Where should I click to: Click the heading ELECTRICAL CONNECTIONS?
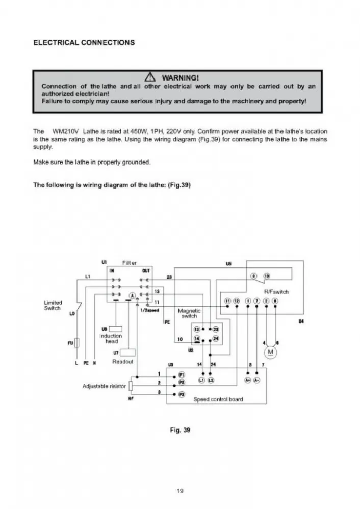point(84,42)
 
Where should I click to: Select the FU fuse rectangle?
point(76,343)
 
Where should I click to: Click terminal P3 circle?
point(182,395)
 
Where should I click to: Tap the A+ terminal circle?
point(248,381)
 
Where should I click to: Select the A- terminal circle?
point(257,381)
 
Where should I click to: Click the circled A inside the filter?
point(132,296)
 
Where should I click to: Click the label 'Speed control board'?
point(218,399)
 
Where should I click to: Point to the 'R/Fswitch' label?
point(276,292)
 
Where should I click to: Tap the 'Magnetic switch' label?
point(189,313)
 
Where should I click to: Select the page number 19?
point(179,491)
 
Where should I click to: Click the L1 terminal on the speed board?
point(202,381)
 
